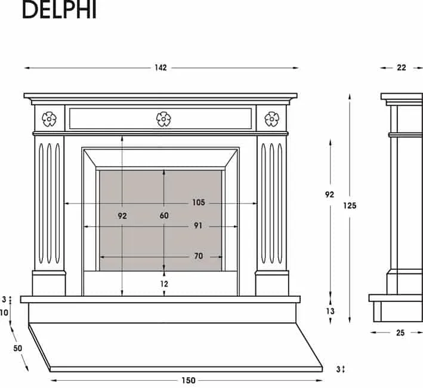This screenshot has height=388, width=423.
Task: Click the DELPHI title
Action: (59, 10)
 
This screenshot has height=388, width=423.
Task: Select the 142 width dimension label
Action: (160, 67)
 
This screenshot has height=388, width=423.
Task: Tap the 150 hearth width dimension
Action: (189, 380)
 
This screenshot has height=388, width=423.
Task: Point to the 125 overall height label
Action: (350, 206)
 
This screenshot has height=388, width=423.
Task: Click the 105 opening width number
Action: (199, 202)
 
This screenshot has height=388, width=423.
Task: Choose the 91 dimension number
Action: (198, 226)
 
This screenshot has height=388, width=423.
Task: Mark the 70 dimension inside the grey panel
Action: (198, 256)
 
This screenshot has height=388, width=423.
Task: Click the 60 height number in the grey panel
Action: (164, 215)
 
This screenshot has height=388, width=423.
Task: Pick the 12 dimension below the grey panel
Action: (164, 284)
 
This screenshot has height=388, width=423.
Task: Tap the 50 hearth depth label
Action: (17, 349)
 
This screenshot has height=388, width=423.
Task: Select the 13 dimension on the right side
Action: (330, 311)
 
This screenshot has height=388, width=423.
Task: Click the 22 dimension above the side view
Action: (401, 67)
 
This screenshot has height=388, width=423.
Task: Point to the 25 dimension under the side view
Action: (400, 332)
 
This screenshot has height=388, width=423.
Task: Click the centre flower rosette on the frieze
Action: (163, 119)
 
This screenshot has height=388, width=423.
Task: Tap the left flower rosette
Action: (49, 119)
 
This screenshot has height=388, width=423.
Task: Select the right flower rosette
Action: (271, 119)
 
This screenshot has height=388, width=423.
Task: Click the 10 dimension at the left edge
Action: (4, 313)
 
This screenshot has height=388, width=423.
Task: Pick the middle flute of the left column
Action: (49, 203)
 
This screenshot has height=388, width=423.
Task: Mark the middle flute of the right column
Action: (271, 203)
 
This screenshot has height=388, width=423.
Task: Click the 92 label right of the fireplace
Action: (329, 195)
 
